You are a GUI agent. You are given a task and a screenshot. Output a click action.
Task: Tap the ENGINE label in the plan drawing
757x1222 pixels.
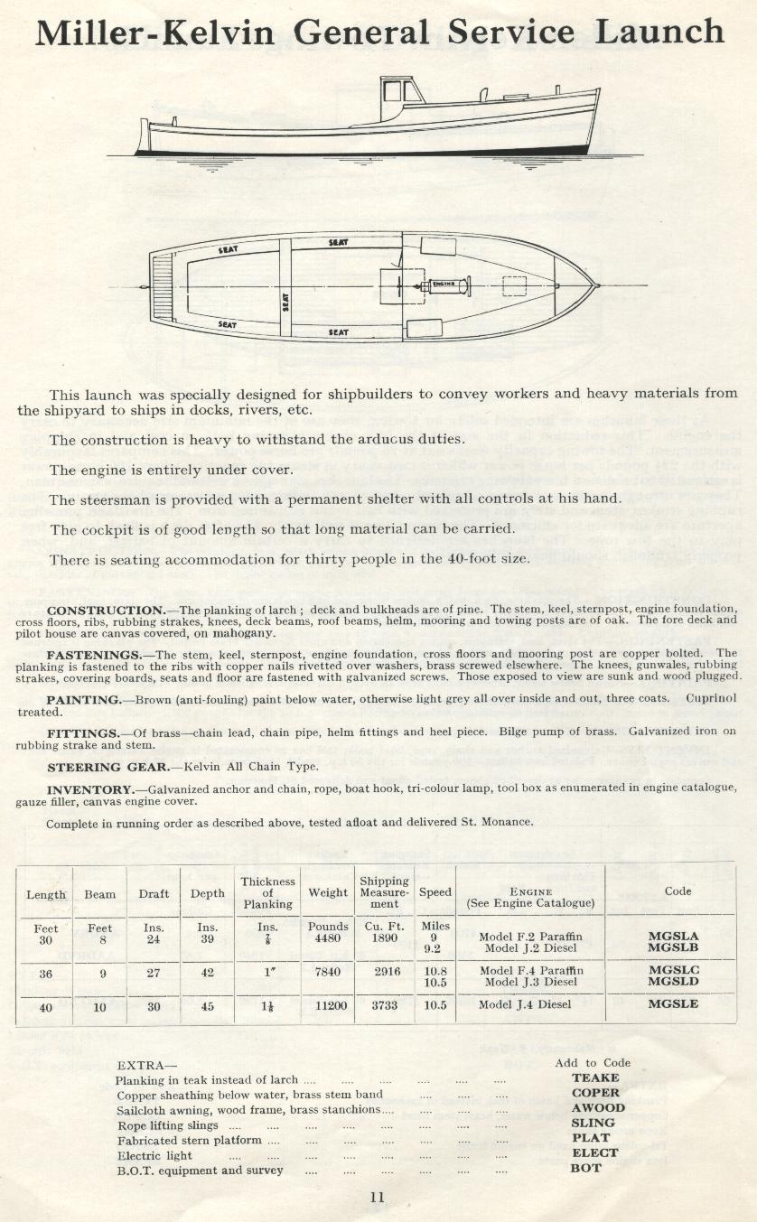pos(443,284)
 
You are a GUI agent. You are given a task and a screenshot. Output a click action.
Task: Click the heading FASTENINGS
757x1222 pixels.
pos(98,652)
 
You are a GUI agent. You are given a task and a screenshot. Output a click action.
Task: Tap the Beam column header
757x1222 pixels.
pos(99,894)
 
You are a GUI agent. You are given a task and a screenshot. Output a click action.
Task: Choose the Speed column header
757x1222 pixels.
pos(435,892)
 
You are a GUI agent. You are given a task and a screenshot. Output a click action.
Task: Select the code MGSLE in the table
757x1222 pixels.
pos(673,1003)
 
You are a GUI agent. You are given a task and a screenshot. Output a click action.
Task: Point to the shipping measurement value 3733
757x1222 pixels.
pos(385,1004)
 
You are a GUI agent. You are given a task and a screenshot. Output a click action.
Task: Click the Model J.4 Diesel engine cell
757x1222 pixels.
pos(525,1004)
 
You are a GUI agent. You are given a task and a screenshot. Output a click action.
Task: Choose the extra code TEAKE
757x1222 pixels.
pos(595,1077)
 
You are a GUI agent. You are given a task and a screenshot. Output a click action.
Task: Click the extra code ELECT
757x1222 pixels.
pos(595,1153)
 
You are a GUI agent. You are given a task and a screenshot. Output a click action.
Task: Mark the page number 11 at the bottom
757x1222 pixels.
pos(378,1198)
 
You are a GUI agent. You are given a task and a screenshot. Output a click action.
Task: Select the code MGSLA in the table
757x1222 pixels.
pos(673,937)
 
